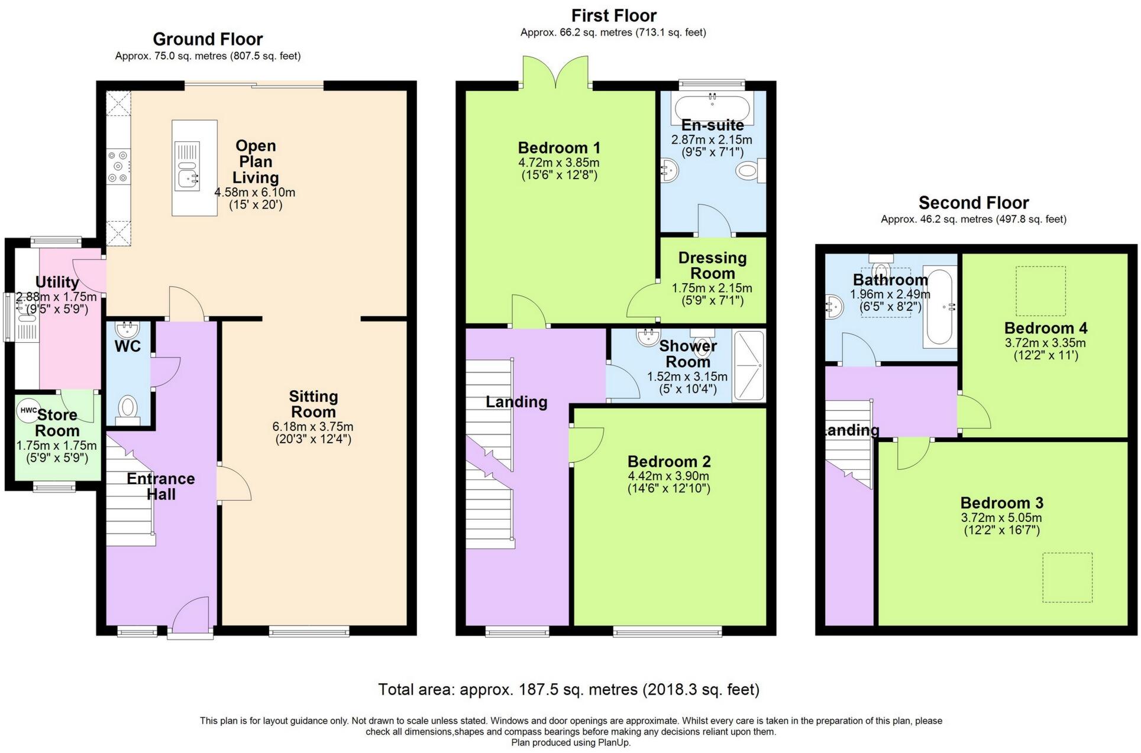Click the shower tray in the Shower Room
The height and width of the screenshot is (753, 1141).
click(749, 366)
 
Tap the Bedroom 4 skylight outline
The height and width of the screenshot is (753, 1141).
click(1040, 291)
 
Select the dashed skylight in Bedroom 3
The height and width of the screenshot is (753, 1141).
click(1067, 577)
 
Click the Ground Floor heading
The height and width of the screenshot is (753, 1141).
click(208, 39)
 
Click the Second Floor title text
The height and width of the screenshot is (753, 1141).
click(973, 203)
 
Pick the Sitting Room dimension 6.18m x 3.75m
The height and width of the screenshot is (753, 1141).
click(313, 426)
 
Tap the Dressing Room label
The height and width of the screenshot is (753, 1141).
click(712, 265)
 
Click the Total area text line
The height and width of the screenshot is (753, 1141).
click(568, 689)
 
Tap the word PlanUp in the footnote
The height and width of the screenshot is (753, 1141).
click(615, 742)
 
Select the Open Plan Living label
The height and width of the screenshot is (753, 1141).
click(255, 161)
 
